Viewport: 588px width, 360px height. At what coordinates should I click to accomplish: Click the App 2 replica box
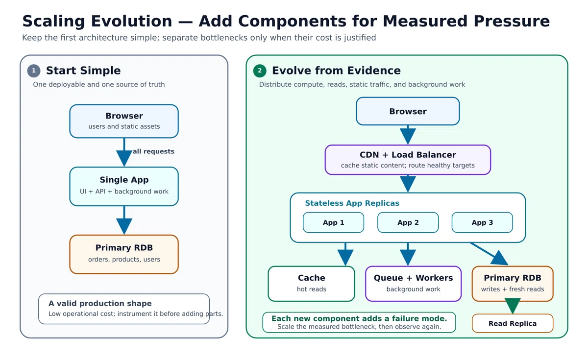tap(408, 222)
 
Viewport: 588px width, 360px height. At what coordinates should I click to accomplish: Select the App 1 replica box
tap(333, 222)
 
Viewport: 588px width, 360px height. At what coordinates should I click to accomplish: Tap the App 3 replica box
tap(482, 222)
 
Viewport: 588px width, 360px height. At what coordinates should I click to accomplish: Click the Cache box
tap(311, 284)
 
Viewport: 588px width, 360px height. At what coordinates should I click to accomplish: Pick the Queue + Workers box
tap(413, 284)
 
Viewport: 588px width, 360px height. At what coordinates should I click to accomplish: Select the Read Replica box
tap(513, 323)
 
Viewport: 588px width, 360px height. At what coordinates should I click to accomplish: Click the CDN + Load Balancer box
tap(408, 160)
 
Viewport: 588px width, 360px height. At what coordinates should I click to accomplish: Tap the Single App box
tap(124, 186)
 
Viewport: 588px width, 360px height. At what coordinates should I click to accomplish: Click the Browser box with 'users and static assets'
tap(124, 121)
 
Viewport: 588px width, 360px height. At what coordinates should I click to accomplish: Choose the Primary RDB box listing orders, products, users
tap(124, 254)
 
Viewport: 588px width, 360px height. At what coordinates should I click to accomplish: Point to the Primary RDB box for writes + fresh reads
tap(513, 284)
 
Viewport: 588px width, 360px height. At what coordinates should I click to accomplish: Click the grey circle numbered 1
tap(34, 71)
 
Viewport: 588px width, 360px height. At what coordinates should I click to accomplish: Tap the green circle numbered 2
tap(260, 71)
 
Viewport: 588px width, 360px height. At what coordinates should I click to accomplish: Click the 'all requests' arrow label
tap(153, 151)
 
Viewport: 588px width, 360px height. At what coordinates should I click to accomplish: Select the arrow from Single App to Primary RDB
tap(124, 220)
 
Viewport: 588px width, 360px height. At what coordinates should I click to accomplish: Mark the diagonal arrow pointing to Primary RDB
tap(490, 254)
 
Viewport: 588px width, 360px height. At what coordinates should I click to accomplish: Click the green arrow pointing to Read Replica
tap(513, 306)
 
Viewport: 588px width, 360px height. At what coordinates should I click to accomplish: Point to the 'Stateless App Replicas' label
tap(352, 203)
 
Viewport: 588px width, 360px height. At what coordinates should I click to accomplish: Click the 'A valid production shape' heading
tap(100, 303)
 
